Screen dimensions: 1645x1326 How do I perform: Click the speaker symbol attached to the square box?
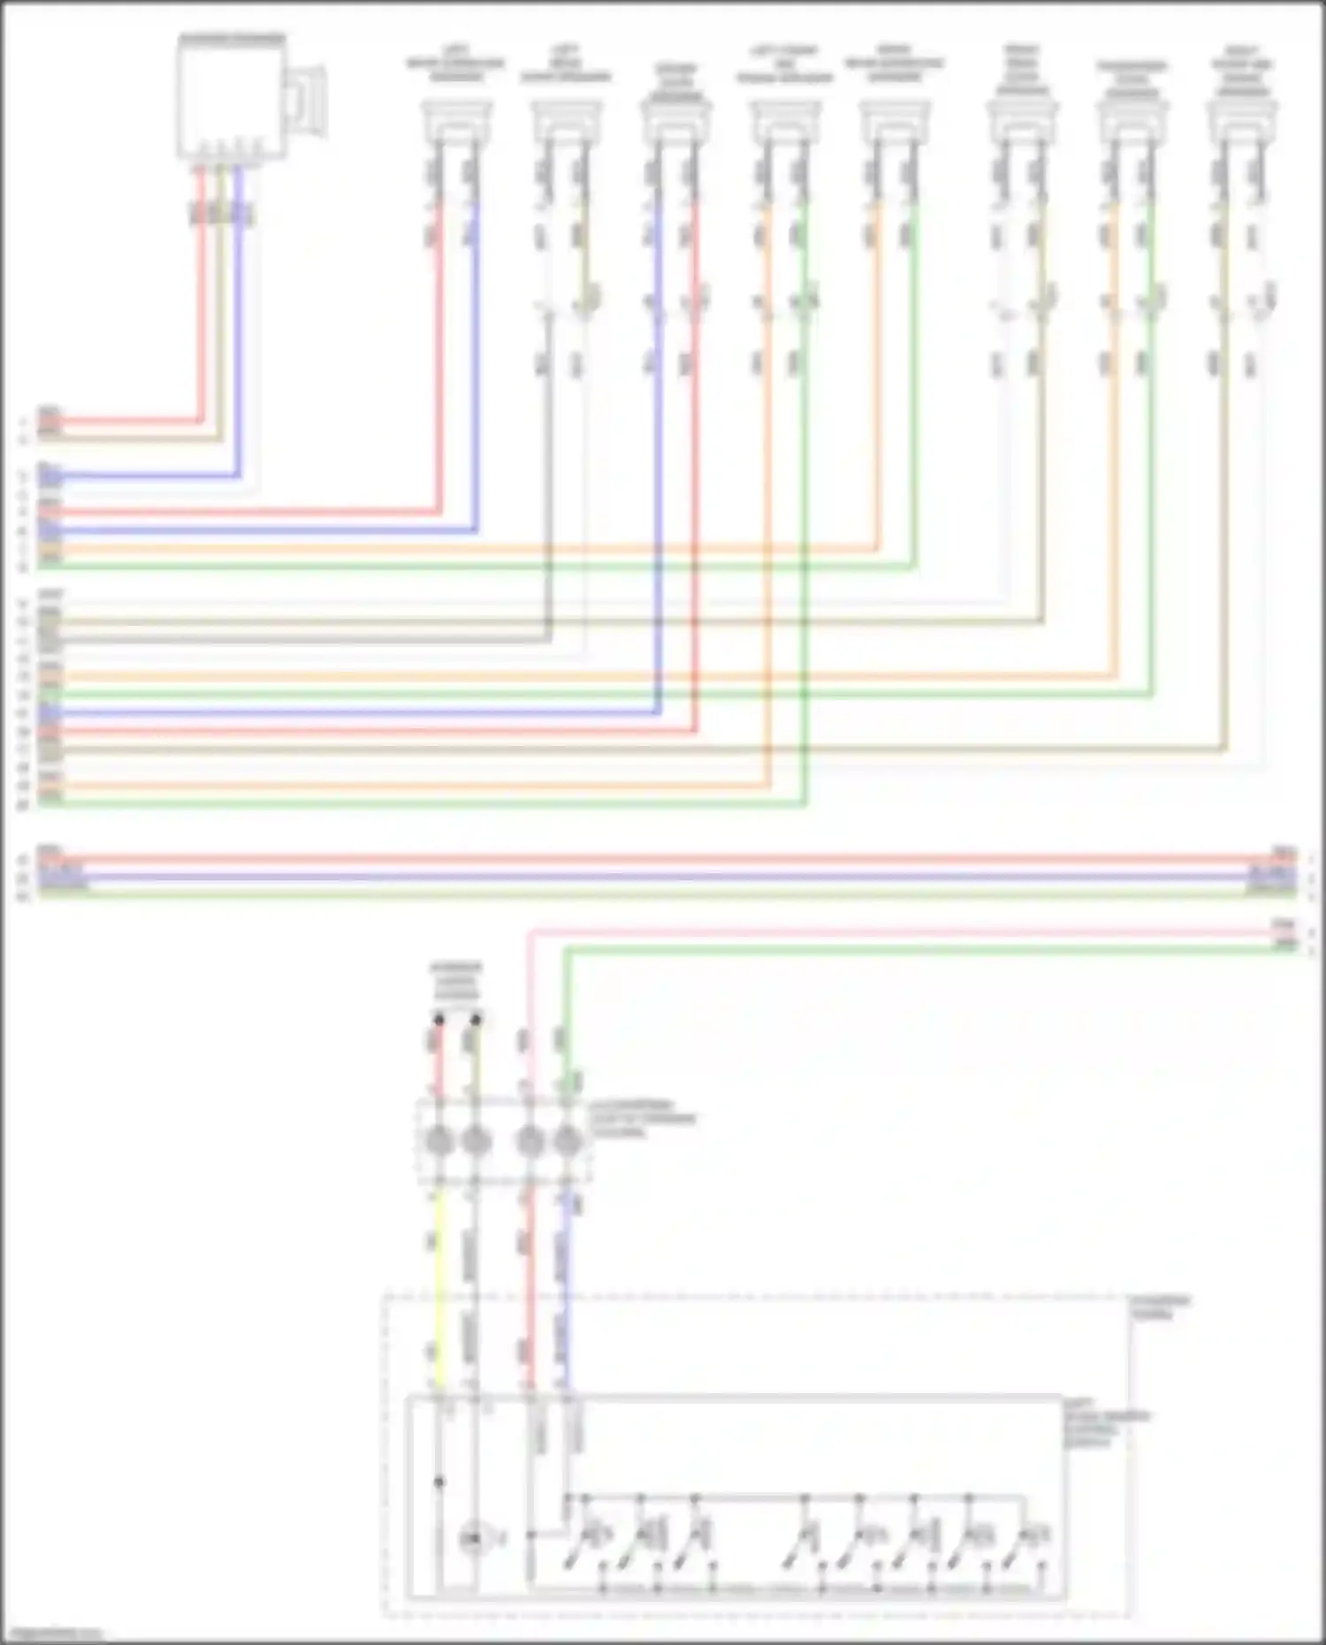[310, 102]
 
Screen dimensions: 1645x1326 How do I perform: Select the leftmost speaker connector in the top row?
[455, 121]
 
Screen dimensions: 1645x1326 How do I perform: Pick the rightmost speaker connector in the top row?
[1241, 121]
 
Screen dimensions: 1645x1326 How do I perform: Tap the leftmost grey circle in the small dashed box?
[438, 1141]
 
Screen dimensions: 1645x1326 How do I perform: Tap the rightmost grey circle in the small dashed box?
[568, 1141]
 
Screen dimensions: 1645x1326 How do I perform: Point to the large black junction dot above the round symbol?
[439, 1482]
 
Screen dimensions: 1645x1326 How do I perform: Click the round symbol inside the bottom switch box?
[473, 1540]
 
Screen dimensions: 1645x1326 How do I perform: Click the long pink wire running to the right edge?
[884, 932]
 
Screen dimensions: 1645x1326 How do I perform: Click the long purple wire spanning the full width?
[663, 876]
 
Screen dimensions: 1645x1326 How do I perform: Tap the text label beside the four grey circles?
[643, 1118]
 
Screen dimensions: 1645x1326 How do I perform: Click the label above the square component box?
[232, 39]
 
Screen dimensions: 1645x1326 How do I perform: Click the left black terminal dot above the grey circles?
[438, 1020]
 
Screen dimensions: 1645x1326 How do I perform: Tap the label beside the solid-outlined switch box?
[1105, 1422]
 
